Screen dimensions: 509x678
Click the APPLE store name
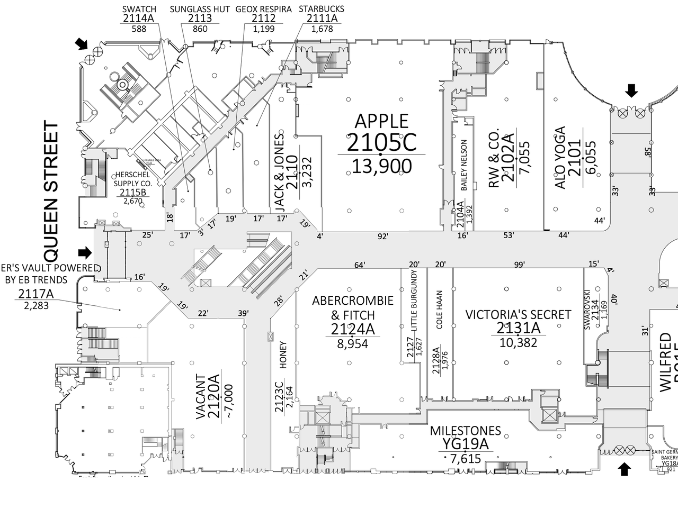click(381, 121)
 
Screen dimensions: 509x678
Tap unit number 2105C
click(381, 142)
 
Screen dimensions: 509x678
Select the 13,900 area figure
click(381, 166)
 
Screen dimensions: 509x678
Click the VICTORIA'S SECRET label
click(518, 315)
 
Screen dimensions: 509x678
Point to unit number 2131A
click(518, 329)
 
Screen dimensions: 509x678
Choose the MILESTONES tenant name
click(465, 431)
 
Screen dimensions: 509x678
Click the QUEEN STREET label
click(51, 192)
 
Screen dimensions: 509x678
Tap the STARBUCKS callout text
click(321, 9)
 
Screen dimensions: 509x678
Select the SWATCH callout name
click(139, 9)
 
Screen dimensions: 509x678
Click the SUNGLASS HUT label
click(200, 9)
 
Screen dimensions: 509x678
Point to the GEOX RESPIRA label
click(263, 9)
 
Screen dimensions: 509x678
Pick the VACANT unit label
click(201, 397)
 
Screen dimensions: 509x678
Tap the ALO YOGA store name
click(560, 157)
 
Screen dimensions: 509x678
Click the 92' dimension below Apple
click(382, 237)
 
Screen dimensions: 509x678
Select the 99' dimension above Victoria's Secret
click(519, 265)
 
